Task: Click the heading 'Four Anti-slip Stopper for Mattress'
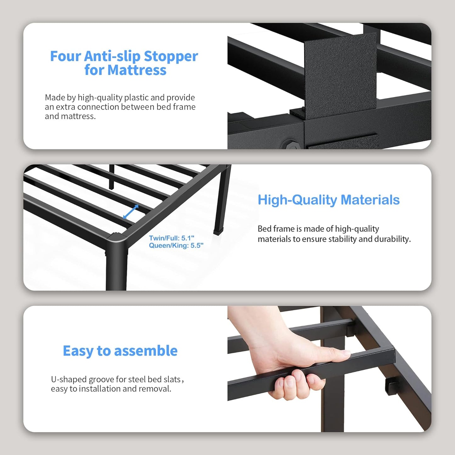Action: coord(124,63)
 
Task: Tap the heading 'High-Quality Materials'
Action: coord(328,200)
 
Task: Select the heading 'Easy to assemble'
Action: coord(120,351)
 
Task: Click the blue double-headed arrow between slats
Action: coord(131,212)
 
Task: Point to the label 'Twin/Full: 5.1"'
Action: coord(171,238)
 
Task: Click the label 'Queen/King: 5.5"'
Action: coord(176,246)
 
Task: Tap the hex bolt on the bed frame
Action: coord(289,145)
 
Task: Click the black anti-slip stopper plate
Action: coord(340,76)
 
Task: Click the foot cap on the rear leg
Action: coord(217,232)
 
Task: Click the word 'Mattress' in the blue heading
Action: coord(137,70)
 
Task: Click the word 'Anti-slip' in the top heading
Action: coord(112,56)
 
